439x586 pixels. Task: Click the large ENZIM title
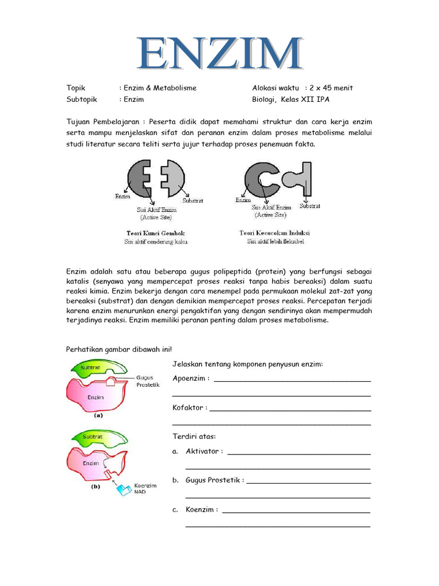tap(220, 55)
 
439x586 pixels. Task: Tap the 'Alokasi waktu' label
tap(276, 88)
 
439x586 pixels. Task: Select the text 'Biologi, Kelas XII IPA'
tap(291, 99)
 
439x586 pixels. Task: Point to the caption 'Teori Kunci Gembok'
tap(156, 233)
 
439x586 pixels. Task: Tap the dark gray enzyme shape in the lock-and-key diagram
tap(137, 177)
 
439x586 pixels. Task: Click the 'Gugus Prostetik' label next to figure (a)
tap(147, 381)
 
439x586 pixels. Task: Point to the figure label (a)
tap(98, 416)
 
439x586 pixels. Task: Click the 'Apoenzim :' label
tap(190, 378)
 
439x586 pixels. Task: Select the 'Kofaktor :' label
tap(190, 407)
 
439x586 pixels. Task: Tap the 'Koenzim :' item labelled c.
tap(201, 509)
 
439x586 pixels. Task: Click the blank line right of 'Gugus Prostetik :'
tap(309, 481)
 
